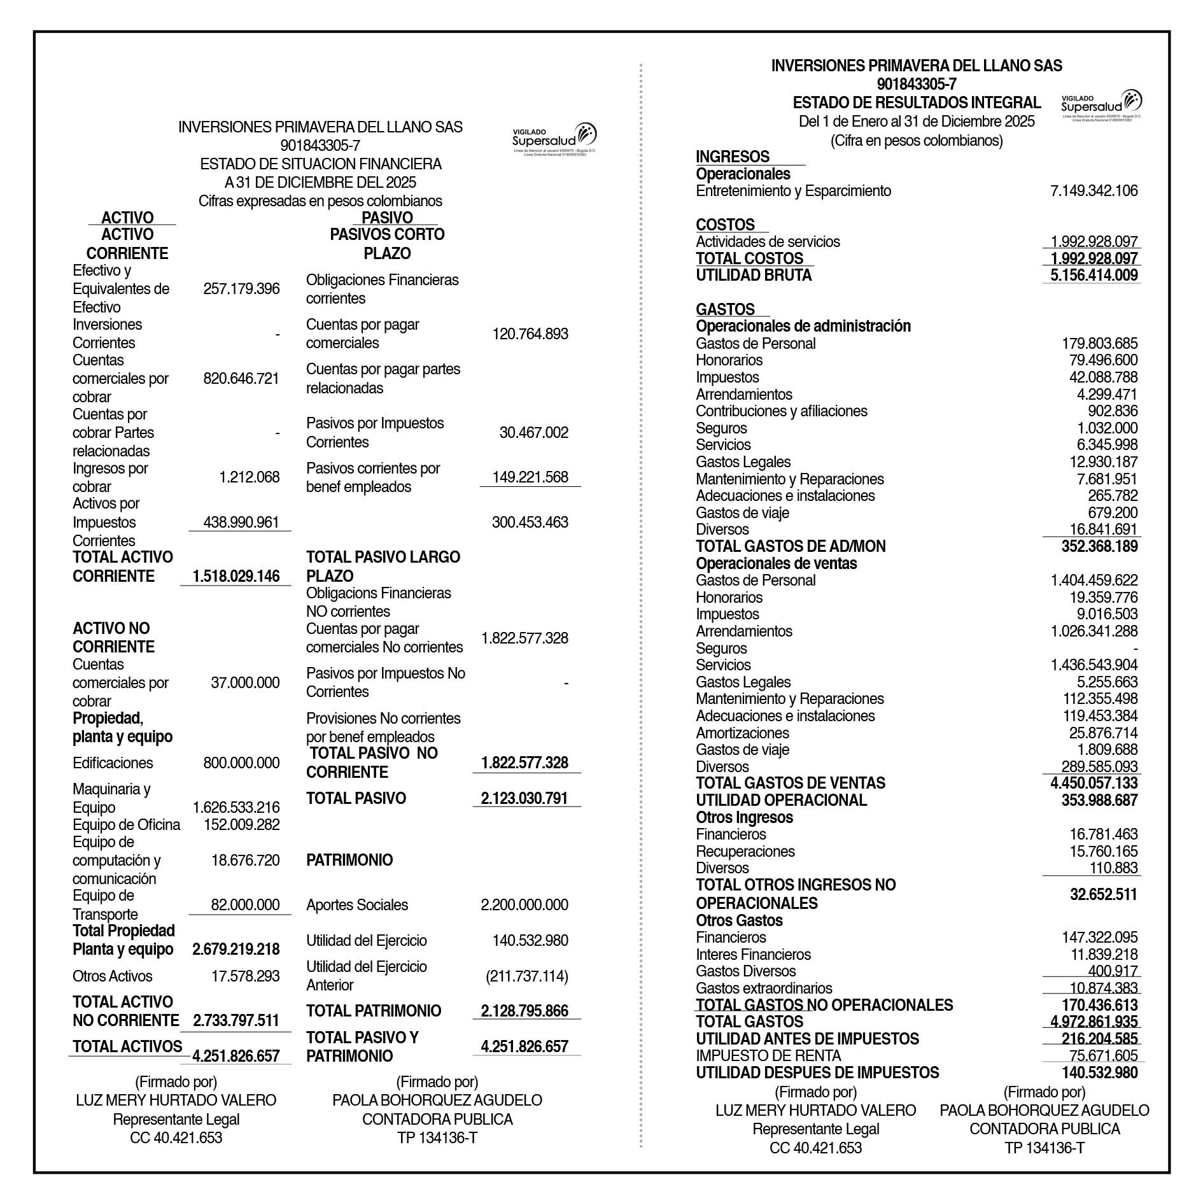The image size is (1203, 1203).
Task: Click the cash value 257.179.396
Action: pos(241,289)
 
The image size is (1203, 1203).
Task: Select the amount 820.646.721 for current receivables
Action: pos(241,379)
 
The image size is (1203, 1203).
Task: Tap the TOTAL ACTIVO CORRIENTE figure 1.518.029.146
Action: pos(236,576)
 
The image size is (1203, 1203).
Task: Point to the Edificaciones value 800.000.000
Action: pos(241,763)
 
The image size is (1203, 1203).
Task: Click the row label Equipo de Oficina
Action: pos(126,825)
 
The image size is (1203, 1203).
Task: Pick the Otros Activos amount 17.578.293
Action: pos(245,976)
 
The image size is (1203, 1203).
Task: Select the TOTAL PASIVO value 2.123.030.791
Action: pos(524,798)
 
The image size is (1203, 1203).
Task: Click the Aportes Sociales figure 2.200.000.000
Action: pos(524,904)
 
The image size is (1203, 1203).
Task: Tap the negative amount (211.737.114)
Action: pos(527,976)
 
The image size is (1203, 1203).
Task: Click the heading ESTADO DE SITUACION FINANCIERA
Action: pos(321,164)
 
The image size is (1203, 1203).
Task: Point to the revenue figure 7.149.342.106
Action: pos(1094,191)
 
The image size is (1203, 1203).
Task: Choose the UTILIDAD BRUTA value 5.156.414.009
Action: pos(1094,276)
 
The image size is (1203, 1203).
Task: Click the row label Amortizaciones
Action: pos(742,733)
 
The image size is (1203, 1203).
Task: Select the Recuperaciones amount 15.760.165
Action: pos(1103,851)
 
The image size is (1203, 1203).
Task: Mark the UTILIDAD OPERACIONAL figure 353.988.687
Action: pos(1099,800)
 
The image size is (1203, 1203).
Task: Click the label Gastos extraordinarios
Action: pos(764,988)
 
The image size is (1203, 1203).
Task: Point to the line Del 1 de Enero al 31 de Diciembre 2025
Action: pos(917,122)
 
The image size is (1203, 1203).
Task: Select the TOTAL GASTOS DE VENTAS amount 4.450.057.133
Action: pos(1094,783)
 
